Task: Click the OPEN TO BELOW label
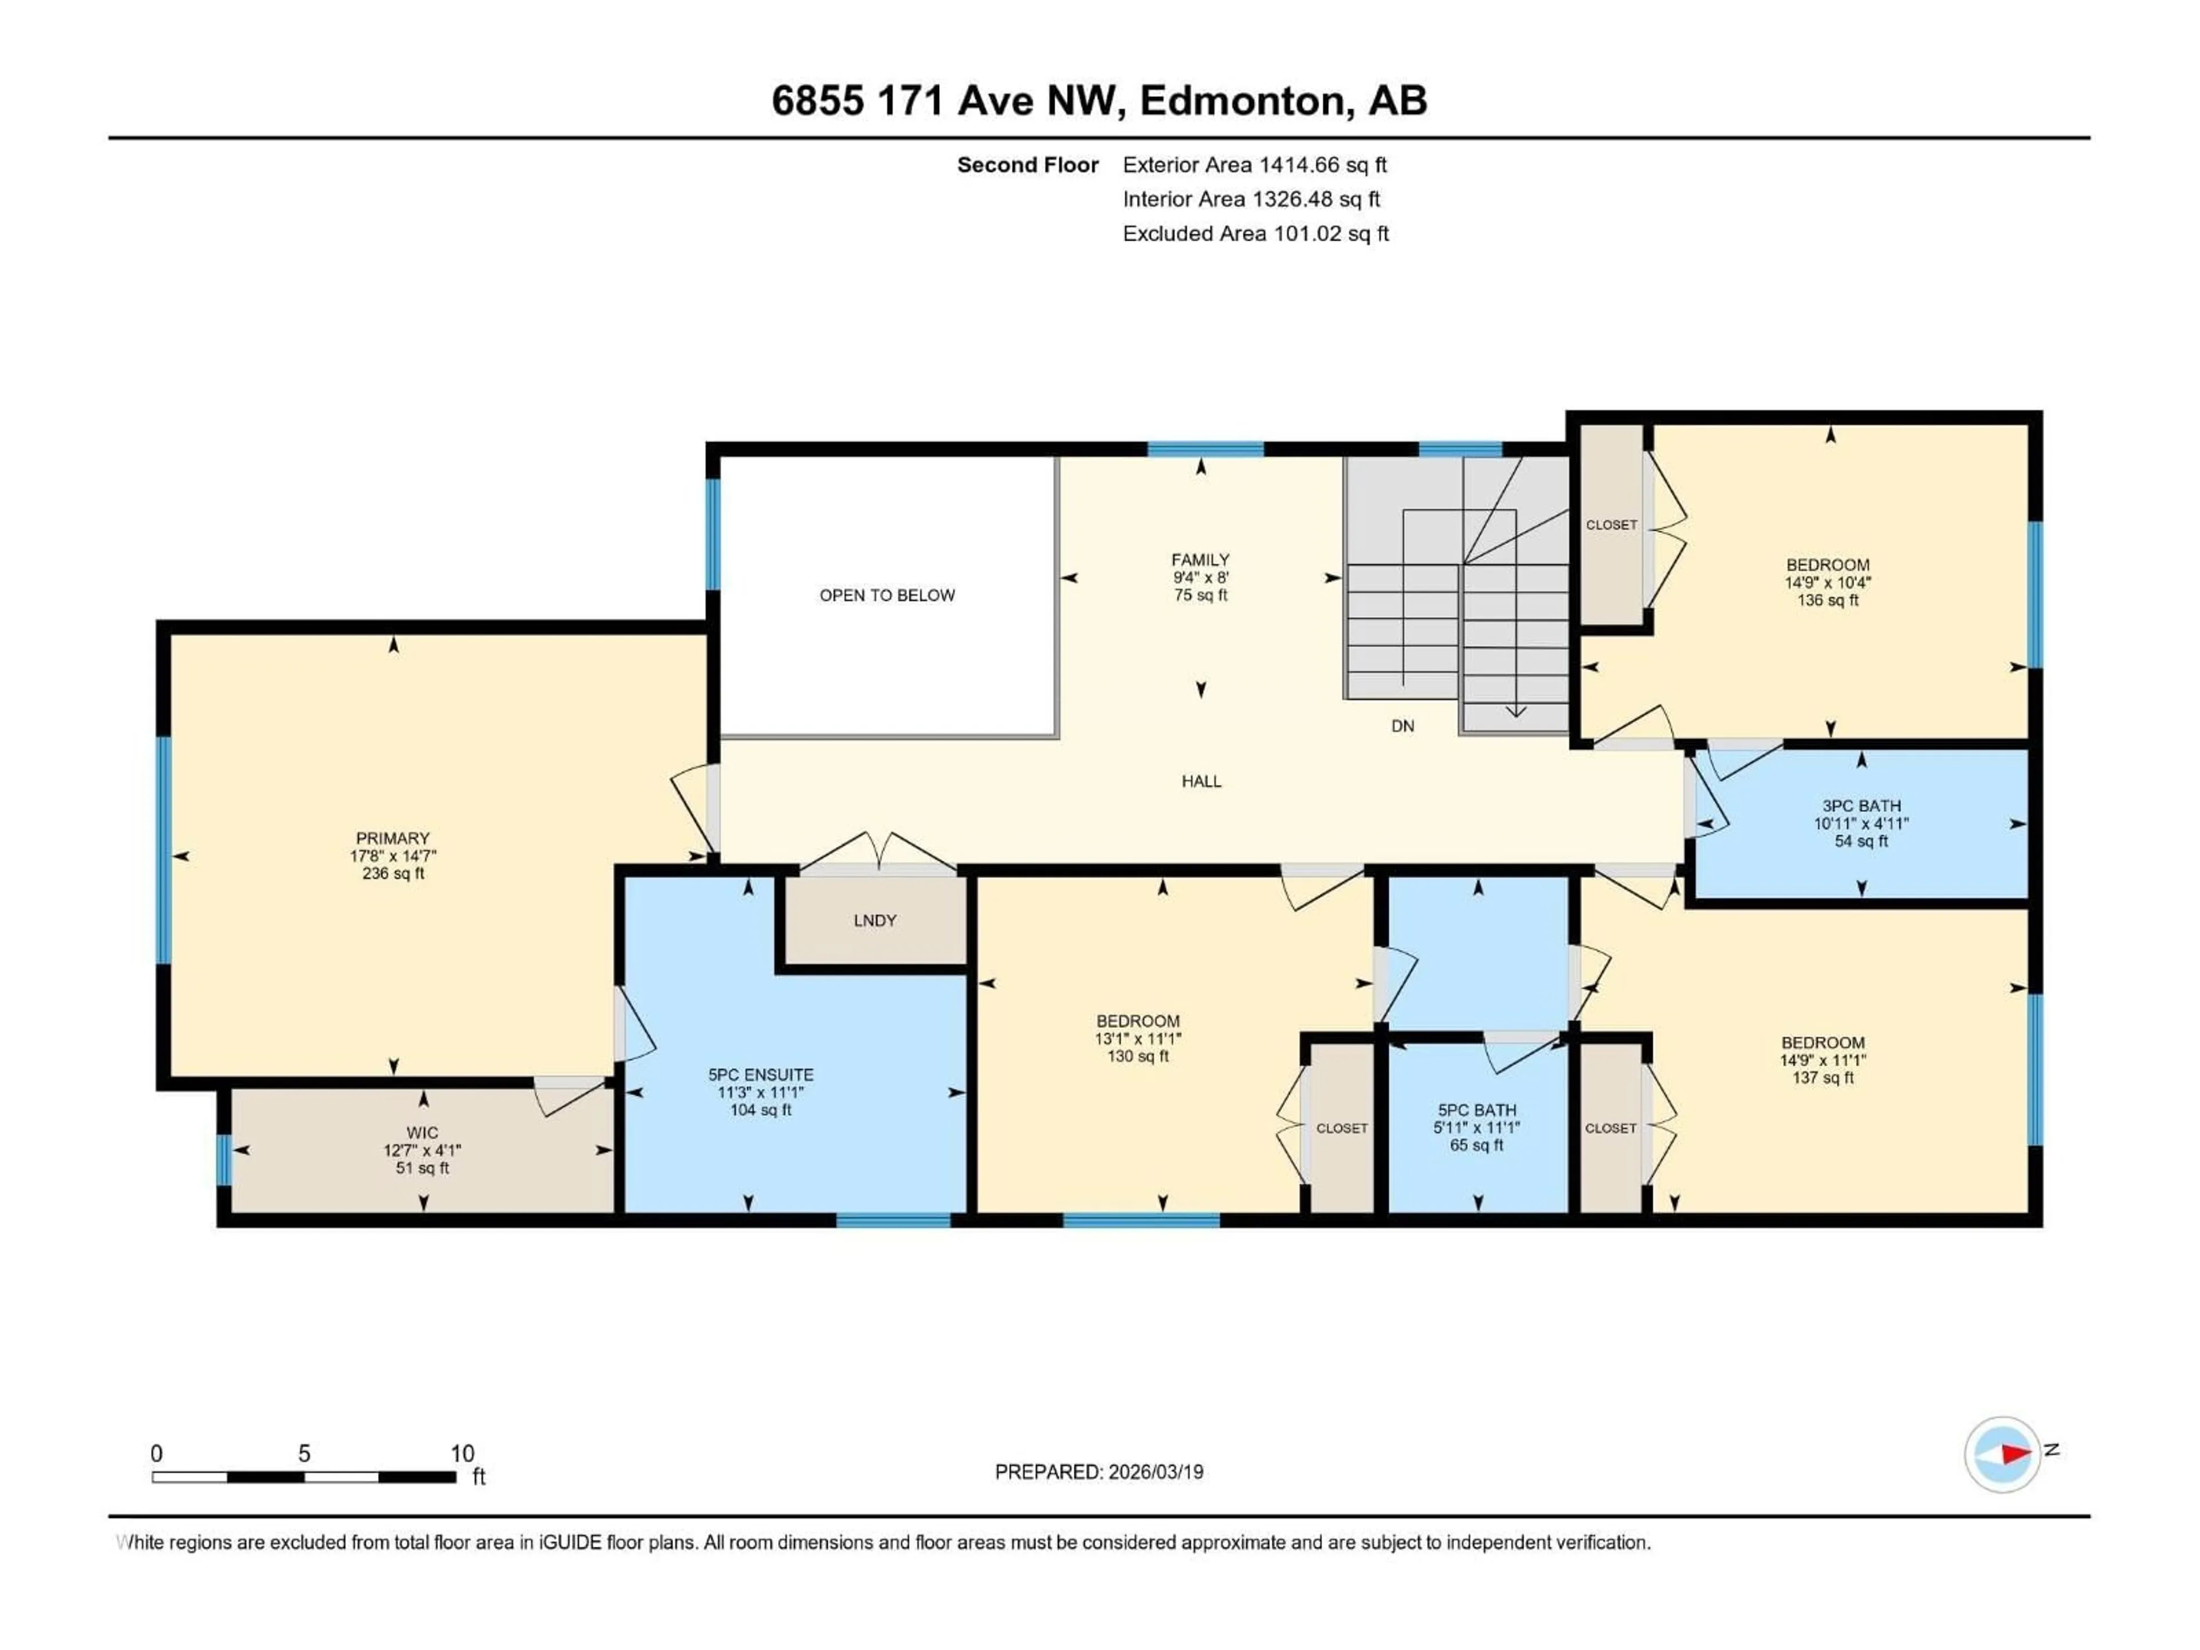point(886,595)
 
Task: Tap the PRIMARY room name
point(393,838)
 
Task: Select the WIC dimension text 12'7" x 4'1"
point(423,1150)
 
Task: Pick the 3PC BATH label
point(1861,806)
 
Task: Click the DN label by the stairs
point(1402,726)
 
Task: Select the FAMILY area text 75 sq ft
point(1200,595)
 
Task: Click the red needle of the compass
point(2015,1454)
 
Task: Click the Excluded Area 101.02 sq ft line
point(1255,234)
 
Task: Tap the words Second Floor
point(1027,165)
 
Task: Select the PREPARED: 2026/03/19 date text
point(1099,1472)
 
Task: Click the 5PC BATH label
point(1477,1110)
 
